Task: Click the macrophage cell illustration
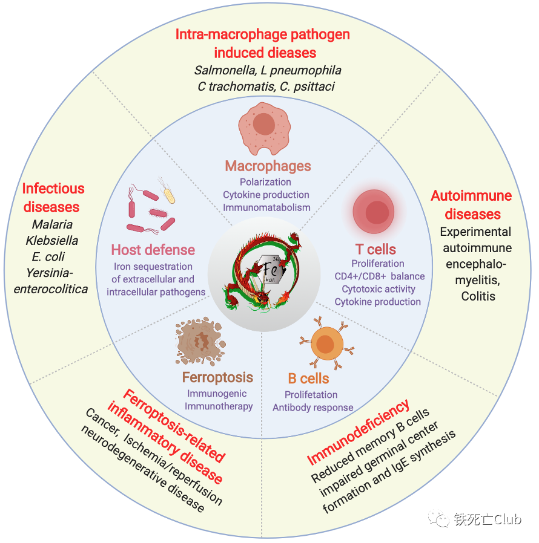pyautogui.click(x=264, y=126)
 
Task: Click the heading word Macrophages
pyautogui.click(x=268, y=166)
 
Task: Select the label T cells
pyautogui.click(x=375, y=249)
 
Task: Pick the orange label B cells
pyautogui.click(x=308, y=379)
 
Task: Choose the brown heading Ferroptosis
pyautogui.click(x=217, y=378)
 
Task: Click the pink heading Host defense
pyautogui.click(x=153, y=250)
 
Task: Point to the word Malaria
pyautogui.click(x=52, y=225)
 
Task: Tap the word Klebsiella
pyautogui.click(x=52, y=241)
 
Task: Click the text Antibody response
pyautogui.click(x=312, y=408)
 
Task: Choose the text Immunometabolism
pyautogui.click(x=266, y=207)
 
